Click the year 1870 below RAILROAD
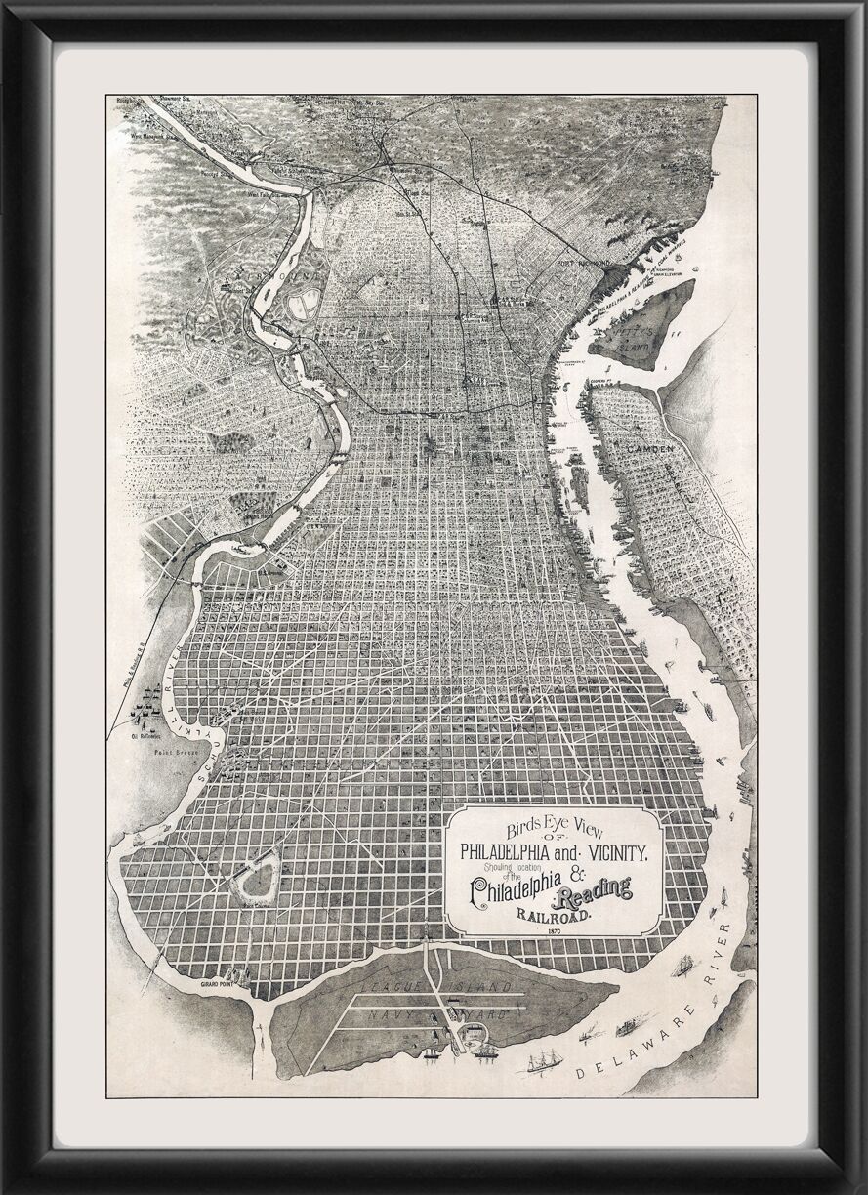coord(555,933)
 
